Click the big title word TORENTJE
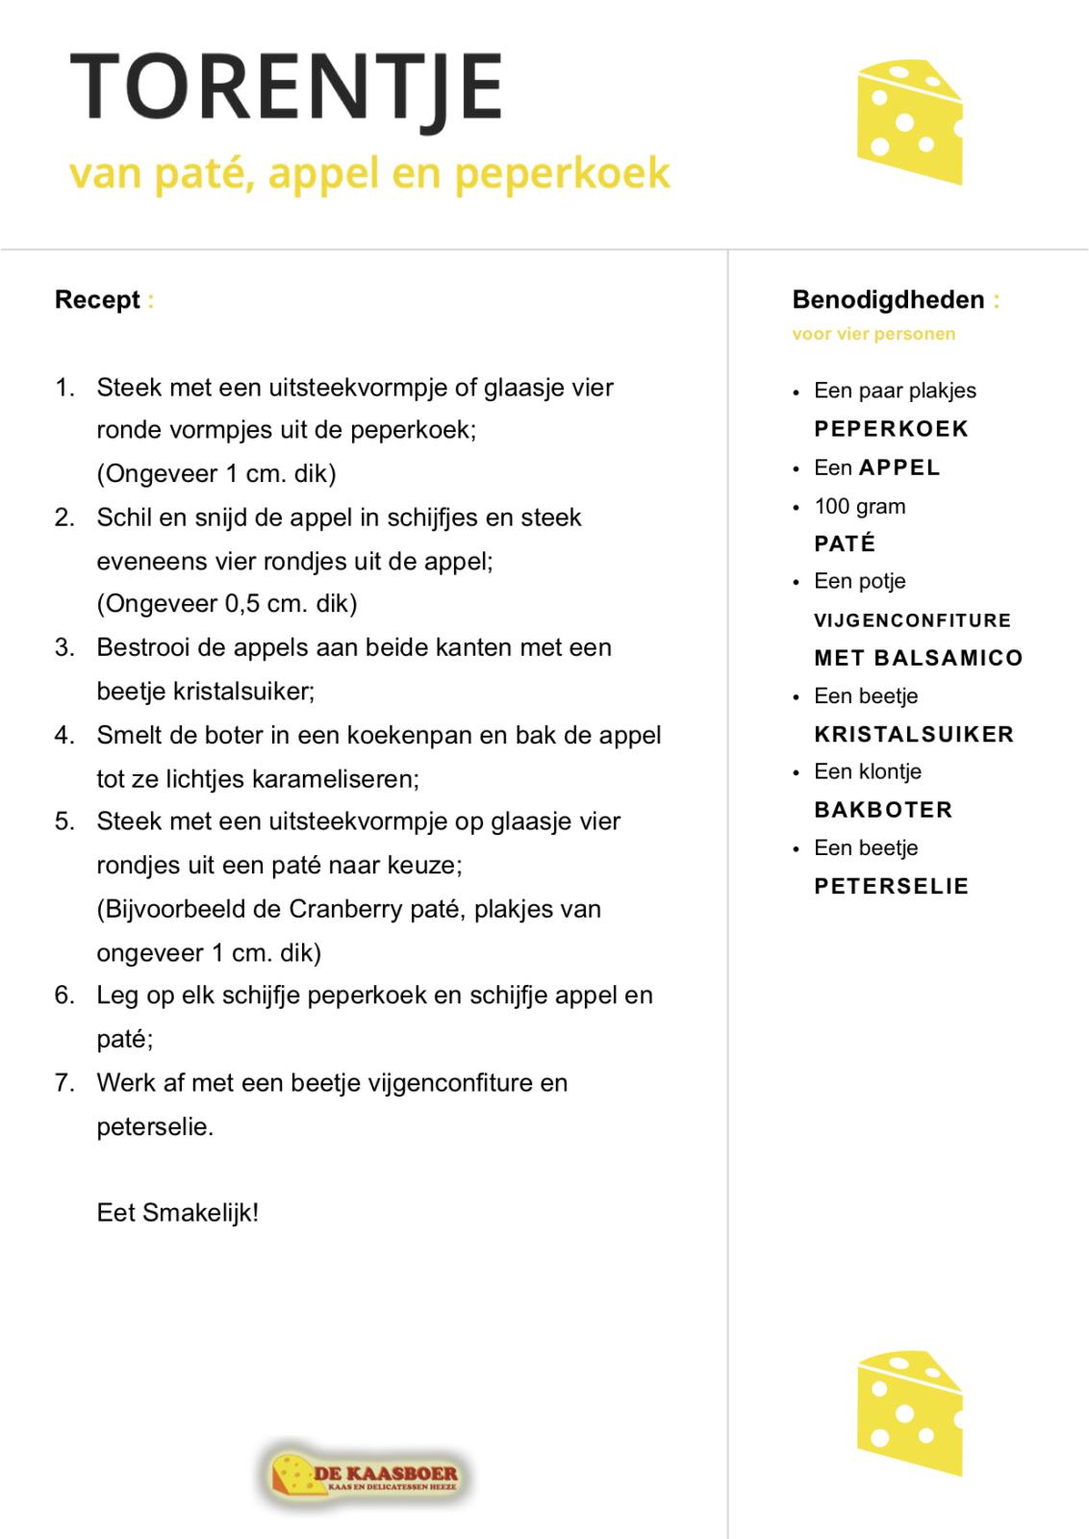[x=287, y=87]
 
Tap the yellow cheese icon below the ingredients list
[x=908, y=1412]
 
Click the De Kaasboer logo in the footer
[x=364, y=1473]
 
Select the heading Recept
[x=97, y=300]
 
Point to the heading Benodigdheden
[x=888, y=300]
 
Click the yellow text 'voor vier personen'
[x=874, y=335]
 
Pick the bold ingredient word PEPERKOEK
[x=891, y=429]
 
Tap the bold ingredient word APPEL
[x=899, y=467]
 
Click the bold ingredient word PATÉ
[x=845, y=544]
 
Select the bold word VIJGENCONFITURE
[x=912, y=620]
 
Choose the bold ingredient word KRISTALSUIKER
[x=914, y=735]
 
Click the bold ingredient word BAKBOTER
[x=883, y=810]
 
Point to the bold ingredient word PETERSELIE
[x=891, y=887]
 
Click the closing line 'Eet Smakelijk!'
[x=178, y=1212]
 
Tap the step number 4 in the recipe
[x=63, y=736]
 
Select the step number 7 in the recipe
[x=63, y=1083]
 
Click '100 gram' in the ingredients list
[x=859, y=507]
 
